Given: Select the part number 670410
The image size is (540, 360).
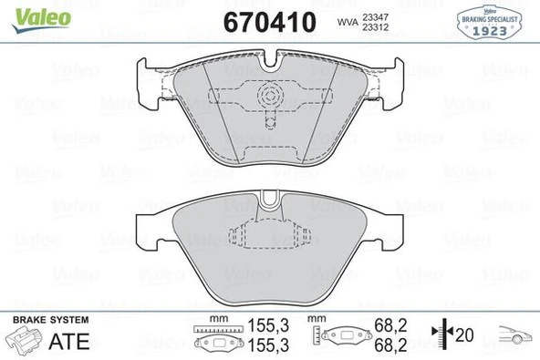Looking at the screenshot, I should click(270, 19).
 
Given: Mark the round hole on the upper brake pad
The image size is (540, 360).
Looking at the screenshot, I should click(269, 96).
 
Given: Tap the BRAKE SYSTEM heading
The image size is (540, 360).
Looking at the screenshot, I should click(50, 319).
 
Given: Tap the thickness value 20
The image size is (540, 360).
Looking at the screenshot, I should click(466, 335).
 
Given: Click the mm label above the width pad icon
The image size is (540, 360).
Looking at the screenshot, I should click(216, 319).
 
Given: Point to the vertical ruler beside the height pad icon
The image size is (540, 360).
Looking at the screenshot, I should click(315, 337).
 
